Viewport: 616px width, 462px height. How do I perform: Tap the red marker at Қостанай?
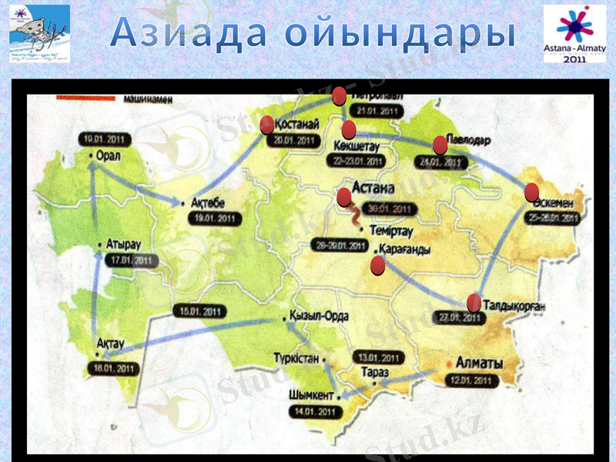pyautogui.click(x=267, y=124)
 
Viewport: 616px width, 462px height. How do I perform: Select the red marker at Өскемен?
pyautogui.click(x=531, y=192)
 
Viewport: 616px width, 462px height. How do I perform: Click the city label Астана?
pyautogui.click(x=373, y=188)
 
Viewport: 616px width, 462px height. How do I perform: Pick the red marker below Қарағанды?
pyautogui.click(x=377, y=266)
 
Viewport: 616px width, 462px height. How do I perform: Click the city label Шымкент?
pyautogui.click(x=311, y=395)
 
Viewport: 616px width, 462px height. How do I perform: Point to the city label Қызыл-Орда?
pyautogui.click(x=319, y=316)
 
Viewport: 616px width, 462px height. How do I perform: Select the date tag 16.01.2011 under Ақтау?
pyautogui.click(x=112, y=369)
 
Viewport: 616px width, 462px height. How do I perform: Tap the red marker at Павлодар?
pyautogui.click(x=440, y=145)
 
